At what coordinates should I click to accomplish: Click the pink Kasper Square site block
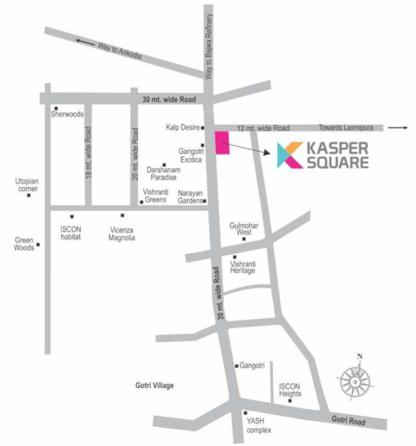tap(222, 143)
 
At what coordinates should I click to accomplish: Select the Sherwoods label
tap(67, 114)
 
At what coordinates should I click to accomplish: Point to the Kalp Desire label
tap(182, 127)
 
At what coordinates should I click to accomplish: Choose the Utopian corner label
tap(26, 185)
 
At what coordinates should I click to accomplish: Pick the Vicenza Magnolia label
tap(122, 233)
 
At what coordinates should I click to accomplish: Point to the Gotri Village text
tap(154, 385)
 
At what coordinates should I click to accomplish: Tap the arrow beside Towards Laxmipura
tap(398, 127)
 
